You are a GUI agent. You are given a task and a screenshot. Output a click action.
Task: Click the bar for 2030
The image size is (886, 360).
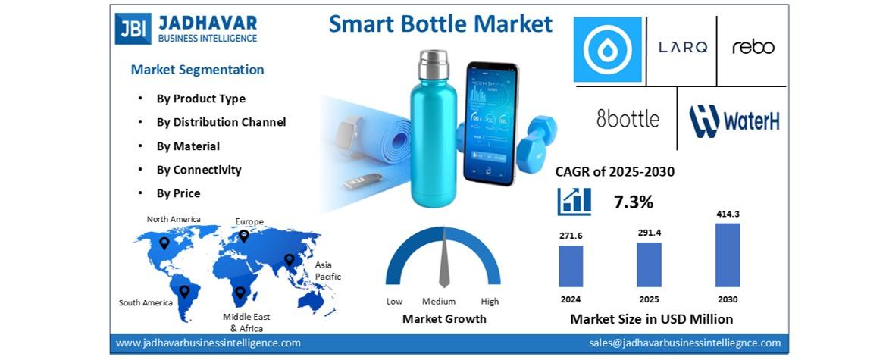point(728,255)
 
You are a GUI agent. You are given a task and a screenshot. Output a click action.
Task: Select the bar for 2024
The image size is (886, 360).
point(571,266)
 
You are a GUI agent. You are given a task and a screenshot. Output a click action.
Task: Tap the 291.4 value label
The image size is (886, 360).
point(650,232)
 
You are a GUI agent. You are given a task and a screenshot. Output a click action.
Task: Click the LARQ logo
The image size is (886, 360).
point(683,48)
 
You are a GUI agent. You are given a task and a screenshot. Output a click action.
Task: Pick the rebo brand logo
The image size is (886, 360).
point(753,47)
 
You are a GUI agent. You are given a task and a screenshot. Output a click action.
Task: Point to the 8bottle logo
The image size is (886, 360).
point(628,119)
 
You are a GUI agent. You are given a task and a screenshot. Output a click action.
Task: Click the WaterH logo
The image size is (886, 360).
point(734,121)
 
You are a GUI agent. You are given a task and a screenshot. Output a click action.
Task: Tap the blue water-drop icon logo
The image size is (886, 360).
point(607,50)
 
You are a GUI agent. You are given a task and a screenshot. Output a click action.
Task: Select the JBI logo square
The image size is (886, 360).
point(133,29)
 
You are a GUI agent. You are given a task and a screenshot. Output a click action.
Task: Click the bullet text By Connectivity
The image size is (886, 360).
point(199,170)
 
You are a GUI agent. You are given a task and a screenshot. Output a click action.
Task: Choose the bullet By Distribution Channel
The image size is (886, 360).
point(221,122)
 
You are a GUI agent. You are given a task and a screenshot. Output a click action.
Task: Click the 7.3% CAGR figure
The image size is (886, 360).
point(634,202)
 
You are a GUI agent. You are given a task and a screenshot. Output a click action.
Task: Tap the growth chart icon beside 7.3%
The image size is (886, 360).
point(574,201)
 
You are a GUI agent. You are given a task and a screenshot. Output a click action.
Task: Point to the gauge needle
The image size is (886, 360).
point(444,257)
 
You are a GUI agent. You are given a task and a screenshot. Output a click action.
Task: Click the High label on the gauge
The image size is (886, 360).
point(490,302)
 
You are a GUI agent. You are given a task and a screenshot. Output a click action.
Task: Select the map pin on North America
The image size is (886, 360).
point(164,243)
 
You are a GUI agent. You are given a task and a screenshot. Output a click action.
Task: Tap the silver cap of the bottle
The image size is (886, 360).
point(434,64)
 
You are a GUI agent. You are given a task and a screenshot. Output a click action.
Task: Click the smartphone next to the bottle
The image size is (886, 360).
point(490,124)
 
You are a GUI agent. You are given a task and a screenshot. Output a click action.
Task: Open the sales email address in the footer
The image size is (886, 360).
point(685,343)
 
